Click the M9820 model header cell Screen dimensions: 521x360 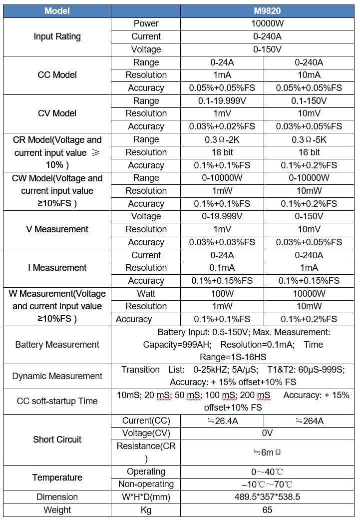point(267,11)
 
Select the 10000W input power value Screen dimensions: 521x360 point(267,23)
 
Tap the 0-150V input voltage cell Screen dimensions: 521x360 point(267,49)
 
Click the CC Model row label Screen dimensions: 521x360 point(57,75)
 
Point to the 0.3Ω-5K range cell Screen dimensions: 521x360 point(309,139)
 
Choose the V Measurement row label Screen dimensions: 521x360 point(57,229)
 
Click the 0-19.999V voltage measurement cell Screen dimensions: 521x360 point(222,216)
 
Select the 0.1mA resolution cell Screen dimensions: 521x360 point(222,268)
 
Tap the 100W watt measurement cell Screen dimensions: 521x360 point(222,294)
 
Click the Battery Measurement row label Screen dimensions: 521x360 point(57,345)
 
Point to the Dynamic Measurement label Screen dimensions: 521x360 point(57,376)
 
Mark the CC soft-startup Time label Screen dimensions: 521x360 point(57,401)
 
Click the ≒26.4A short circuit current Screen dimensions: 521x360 point(222,421)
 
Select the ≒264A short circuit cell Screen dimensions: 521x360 point(309,421)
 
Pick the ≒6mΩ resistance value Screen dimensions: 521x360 point(267,452)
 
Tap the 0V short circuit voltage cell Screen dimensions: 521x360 point(267,433)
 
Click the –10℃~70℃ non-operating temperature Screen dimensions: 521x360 point(267,485)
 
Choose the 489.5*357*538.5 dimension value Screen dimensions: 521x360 point(267,497)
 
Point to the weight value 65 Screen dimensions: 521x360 point(267,510)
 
